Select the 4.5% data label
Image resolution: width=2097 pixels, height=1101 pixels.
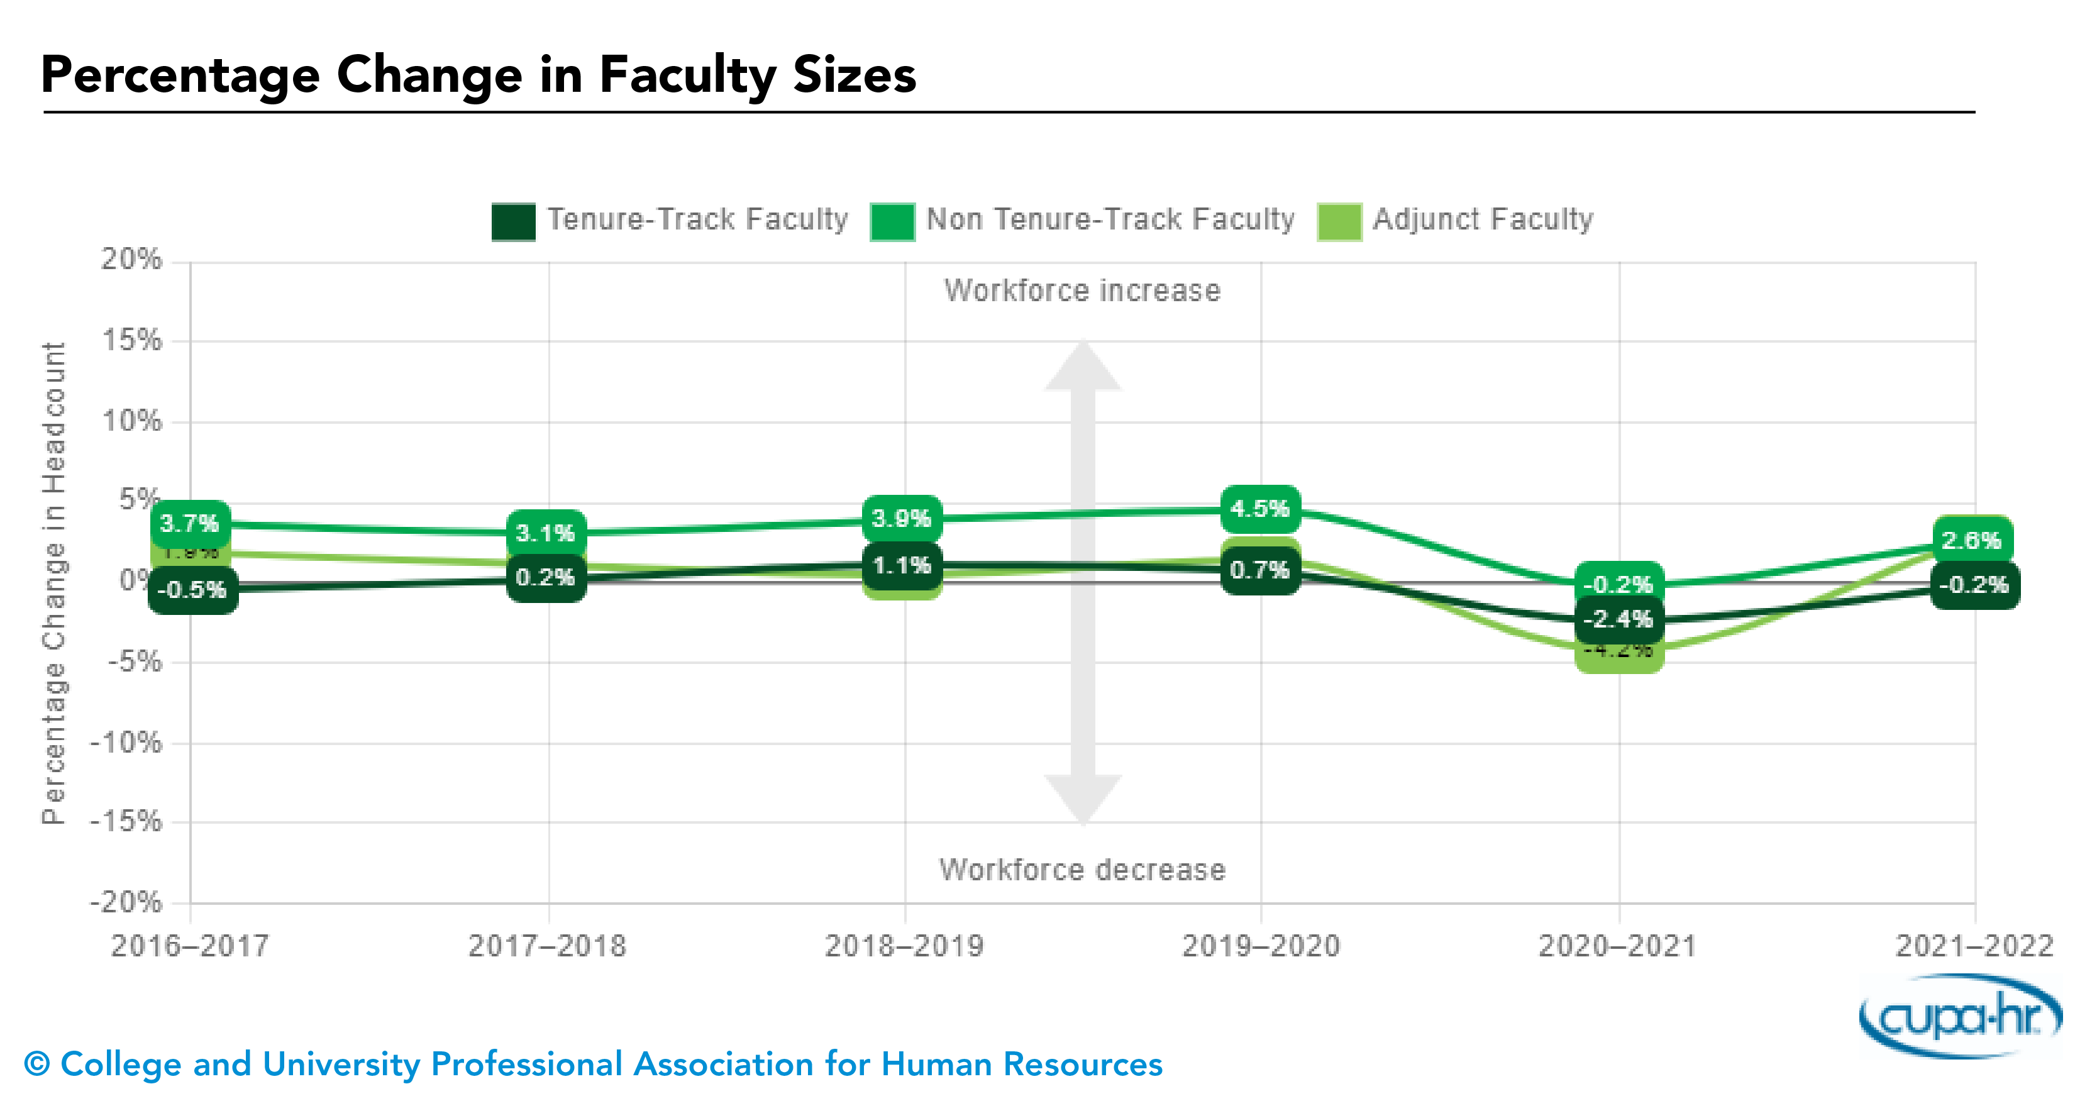[x=1259, y=509]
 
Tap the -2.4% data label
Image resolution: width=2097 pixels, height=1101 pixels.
[x=1618, y=619]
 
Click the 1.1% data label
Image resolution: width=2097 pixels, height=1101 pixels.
[x=901, y=565]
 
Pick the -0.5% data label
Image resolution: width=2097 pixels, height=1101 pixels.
[x=192, y=589]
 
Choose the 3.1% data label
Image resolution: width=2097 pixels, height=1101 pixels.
[x=545, y=533]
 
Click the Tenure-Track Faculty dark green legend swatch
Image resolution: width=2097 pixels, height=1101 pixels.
[x=514, y=221]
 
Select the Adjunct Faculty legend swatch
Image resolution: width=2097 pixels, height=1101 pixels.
[x=1339, y=221]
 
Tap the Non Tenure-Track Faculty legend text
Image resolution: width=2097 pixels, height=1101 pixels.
[x=1110, y=219]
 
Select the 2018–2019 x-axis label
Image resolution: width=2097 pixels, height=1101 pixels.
[x=904, y=946]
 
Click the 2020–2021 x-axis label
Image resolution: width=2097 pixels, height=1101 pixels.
[x=1617, y=946]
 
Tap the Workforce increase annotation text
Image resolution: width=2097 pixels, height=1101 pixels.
[x=1082, y=290]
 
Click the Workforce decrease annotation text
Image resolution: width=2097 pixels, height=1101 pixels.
[x=1082, y=870]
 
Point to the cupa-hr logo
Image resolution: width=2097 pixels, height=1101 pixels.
[x=1961, y=1016]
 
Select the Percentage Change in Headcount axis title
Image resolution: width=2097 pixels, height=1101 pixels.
[x=53, y=582]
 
